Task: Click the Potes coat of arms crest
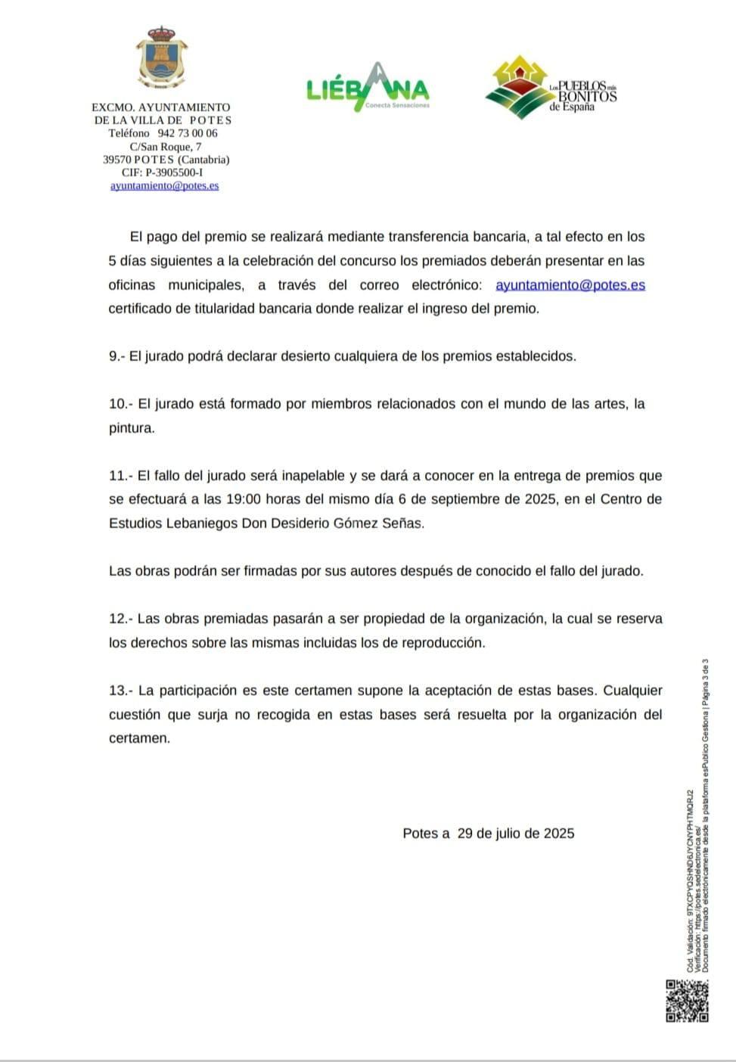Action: coord(161,59)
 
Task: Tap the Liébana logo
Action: coord(368,88)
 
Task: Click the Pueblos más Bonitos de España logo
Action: coord(551,88)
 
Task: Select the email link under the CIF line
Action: coord(164,185)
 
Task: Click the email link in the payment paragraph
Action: coord(570,285)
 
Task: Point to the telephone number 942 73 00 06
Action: coord(188,133)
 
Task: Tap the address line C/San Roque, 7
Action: coord(166,147)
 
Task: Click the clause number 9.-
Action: coord(116,356)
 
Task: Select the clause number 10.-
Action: coord(120,404)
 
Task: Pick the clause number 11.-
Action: coord(120,476)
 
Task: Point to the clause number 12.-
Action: coord(120,619)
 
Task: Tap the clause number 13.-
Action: coord(120,691)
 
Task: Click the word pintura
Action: coord(132,428)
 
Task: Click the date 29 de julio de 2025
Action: coord(516,834)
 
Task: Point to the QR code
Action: coord(687,1001)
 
